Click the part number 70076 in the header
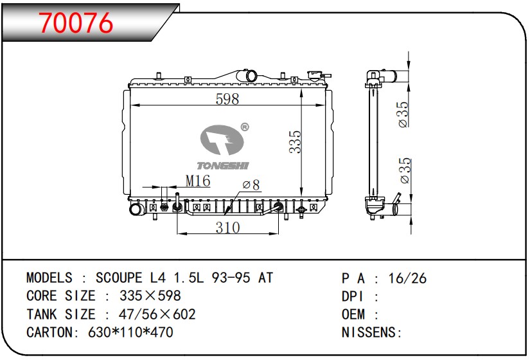point(76,23)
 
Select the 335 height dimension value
point(295,141)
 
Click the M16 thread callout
point(198,182)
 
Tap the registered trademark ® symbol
point(244,127)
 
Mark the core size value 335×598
point(150,296)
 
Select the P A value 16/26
point(407,278)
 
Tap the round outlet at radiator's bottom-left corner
point(136,210)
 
